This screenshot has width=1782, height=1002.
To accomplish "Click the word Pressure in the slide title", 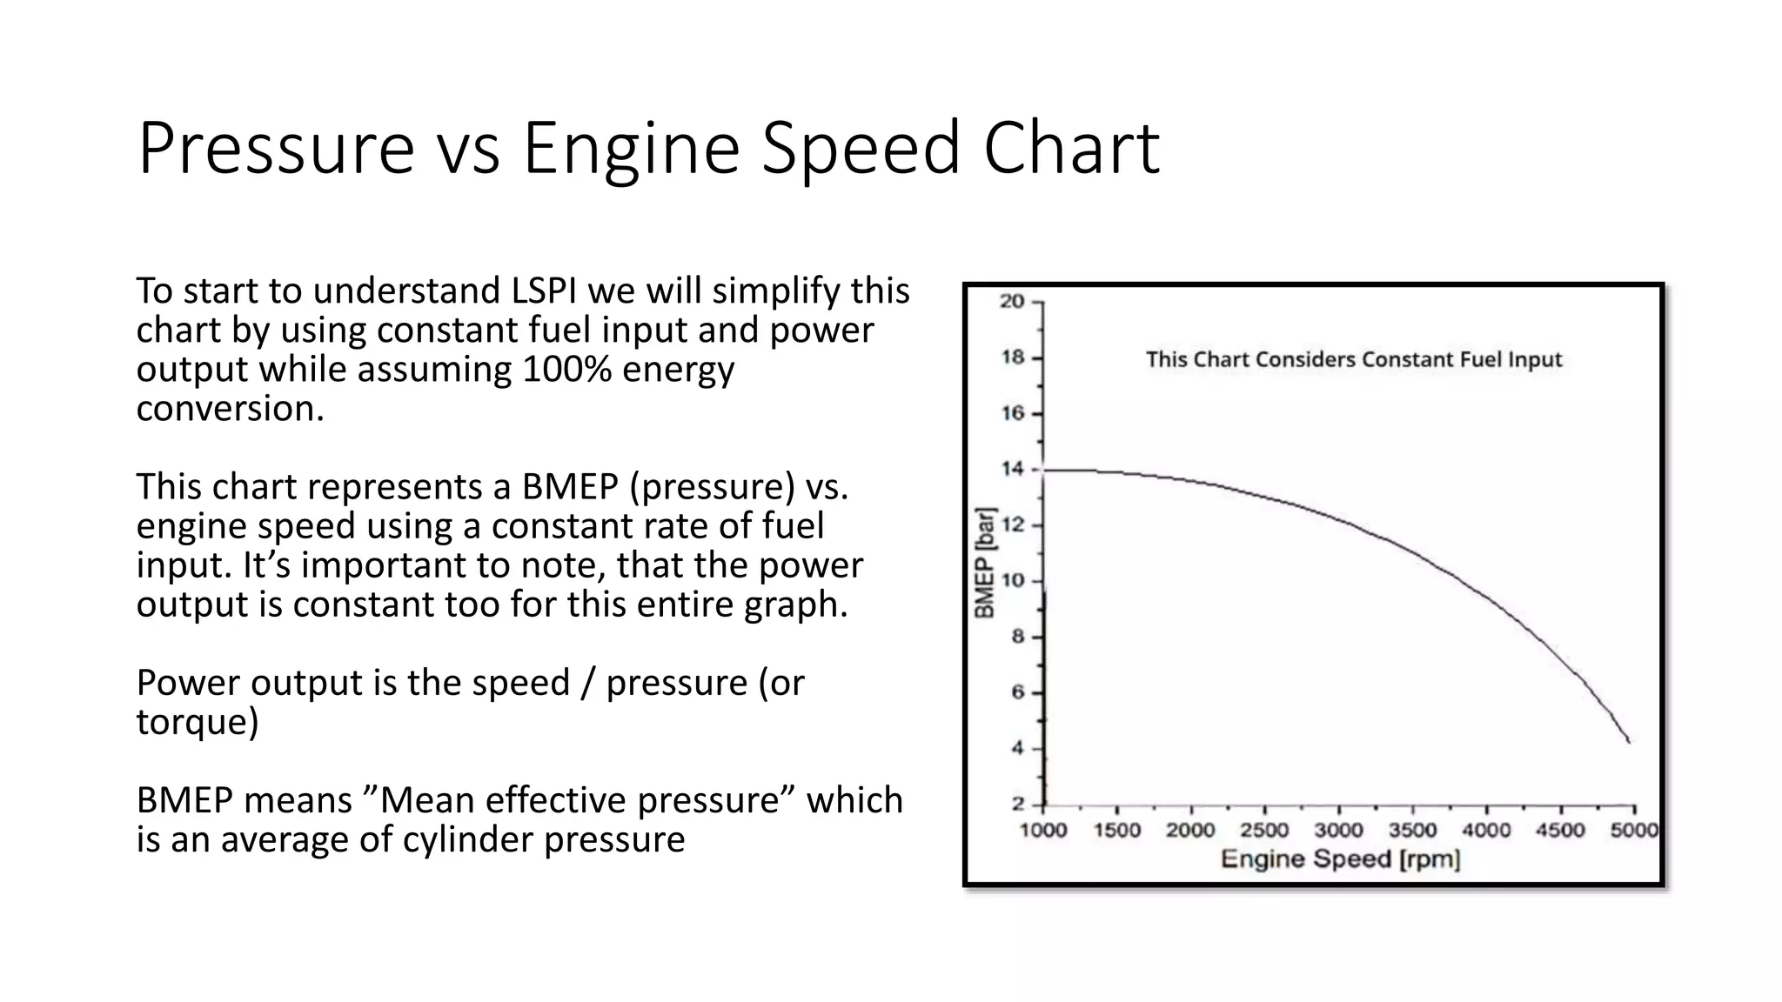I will [x=275, y=149].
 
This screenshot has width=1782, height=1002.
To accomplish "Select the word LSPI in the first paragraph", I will [x=544, y=291].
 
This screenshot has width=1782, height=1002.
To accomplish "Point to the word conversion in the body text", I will [x=230, y=408].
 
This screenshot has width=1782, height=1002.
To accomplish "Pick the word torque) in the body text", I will [x=197, y=721].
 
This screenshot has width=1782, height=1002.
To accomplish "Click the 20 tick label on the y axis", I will [x=1012, y=302].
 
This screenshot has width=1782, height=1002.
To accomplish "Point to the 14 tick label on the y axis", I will [x=1012, y=470].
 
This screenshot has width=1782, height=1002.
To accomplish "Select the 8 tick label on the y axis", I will [x=1017, y=637].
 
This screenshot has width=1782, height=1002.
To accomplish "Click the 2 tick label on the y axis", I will [x=1017, y=805].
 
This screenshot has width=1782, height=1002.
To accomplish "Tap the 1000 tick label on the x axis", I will [x=1043, y=830].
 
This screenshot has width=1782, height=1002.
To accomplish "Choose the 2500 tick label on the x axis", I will [x=1264, y=830].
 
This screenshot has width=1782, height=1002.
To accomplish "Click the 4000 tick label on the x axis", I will [x=1486, y=830].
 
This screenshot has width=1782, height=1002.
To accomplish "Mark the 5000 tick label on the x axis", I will [x=1633, y=830].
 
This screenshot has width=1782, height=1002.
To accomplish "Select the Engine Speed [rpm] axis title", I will [x=1340, y=859].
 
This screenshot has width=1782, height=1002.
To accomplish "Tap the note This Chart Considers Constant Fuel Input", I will [x=1354, y=359].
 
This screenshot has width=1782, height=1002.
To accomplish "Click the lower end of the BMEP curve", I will [x=1628, y=741].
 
